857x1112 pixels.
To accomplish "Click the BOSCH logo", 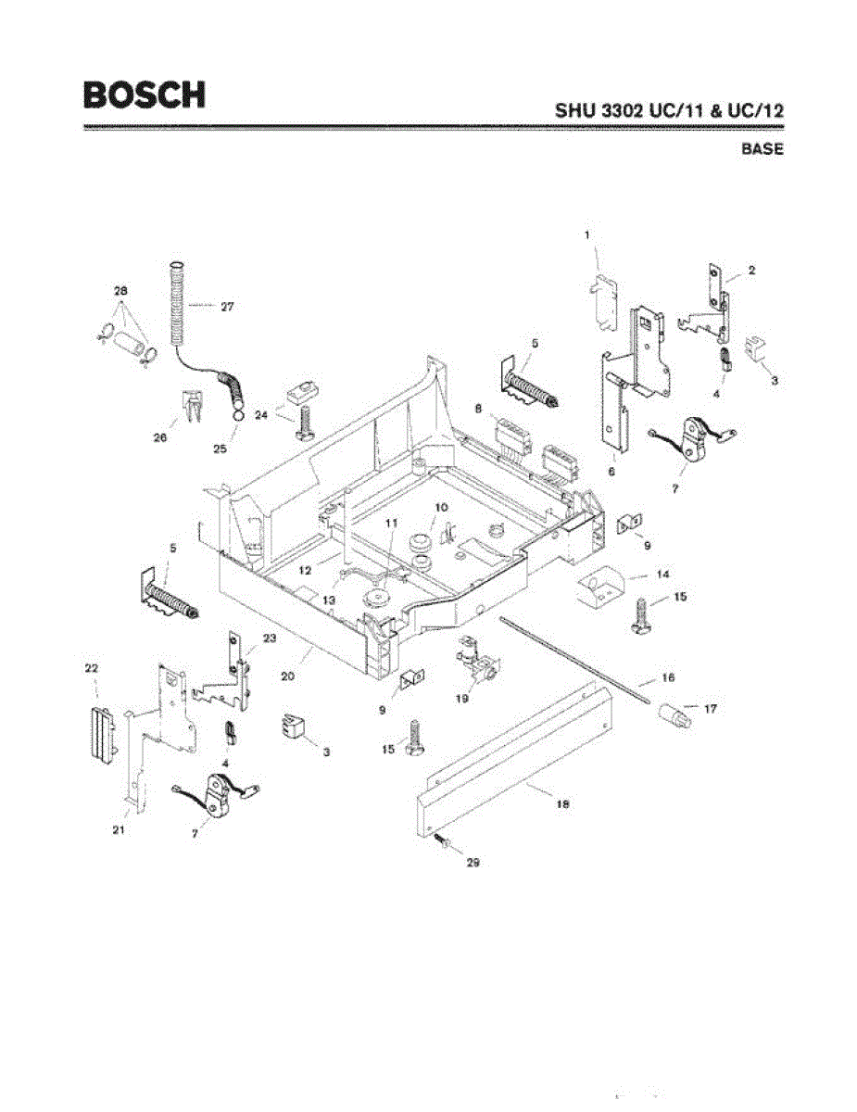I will click(144, 95).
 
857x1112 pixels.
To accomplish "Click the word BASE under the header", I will click(762, 148).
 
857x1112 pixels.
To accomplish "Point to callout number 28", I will click(120, 291).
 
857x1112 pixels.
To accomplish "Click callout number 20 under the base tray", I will click(287, 676).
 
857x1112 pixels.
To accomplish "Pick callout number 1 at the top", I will click(587, 236).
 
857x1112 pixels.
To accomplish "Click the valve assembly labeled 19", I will click(476, 666).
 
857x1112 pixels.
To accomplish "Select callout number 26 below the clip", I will click(159, 438).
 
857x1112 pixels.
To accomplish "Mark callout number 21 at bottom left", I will click(119, 829).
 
